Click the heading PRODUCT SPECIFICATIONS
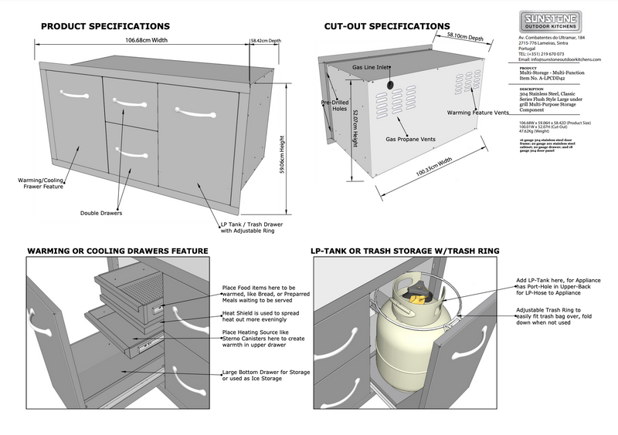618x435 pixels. [105, 26]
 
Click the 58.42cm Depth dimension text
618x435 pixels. [264, 40]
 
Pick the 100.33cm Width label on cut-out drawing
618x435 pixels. [434, 168]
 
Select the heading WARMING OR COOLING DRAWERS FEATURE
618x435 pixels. [118, 251]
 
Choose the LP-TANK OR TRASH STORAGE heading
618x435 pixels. [405, 251]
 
